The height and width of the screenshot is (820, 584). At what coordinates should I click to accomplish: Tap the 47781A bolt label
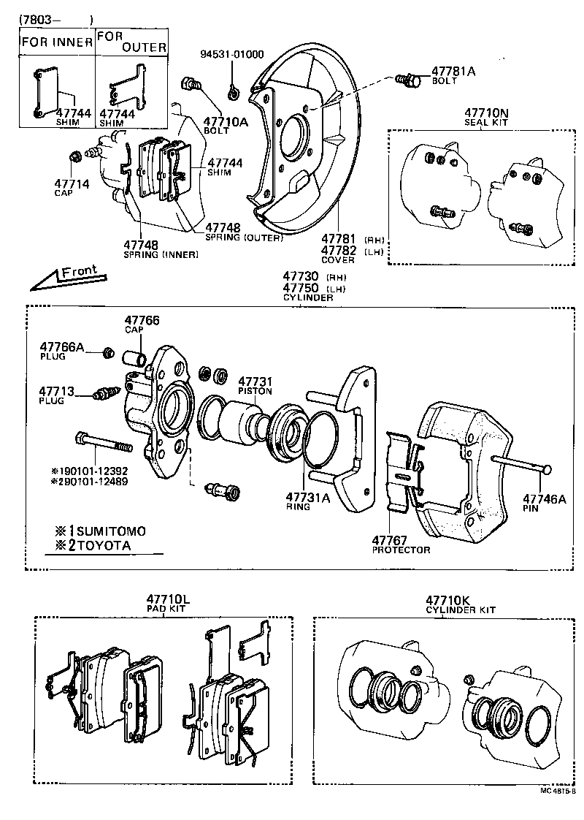[x=453, y=71]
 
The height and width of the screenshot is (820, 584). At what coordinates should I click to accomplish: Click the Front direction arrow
[x=66, y=276]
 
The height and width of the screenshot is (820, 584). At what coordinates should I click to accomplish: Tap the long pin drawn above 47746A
[x=522, y=464]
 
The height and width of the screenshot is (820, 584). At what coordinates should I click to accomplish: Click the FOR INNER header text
[x=56, y=42]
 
